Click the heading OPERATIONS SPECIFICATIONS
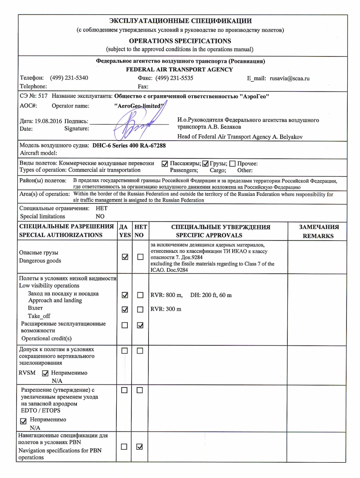pyautogui.click(x=180, y=41)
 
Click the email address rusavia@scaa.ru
pyautogui.click(x=290, y=79)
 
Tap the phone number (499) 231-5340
pyautogui.click(x=69, y=79)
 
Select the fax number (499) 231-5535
pyautogui.click(x=174, y=79)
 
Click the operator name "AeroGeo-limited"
pyautogui.click(x=139, y=106)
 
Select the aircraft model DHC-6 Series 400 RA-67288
pyautogui.click(x=129, y=145)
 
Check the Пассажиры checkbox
pyautogui.click(x=165, y=164)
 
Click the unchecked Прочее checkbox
pyautogui.click(x=232, y=164)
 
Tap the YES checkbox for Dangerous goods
pyautogui.click(x=125, y=257)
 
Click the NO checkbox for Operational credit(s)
pyautogui.click(x=140, y=326)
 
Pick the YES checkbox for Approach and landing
pyautogui.click(x=125, y=295)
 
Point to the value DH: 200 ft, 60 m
pyautogui.click(x=211, y=295)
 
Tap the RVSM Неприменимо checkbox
pyautogui.click(x=46, y=373)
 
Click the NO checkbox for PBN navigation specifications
pyautogui.click(x=140, y=447)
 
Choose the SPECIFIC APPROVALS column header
pyautogui.click(x=217, y=235)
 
